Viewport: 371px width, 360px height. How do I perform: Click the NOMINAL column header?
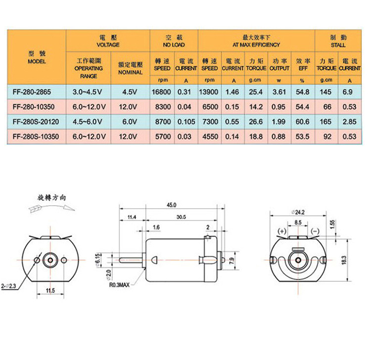click(x=131, y=68)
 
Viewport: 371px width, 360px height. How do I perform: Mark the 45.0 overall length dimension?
click(x=172, y=205)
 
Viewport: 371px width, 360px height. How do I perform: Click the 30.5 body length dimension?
click(x=181, y=217)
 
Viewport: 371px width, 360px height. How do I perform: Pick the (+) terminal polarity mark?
click(x=282, y=231)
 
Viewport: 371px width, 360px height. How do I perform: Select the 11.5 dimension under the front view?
click(x=50, y=290)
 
